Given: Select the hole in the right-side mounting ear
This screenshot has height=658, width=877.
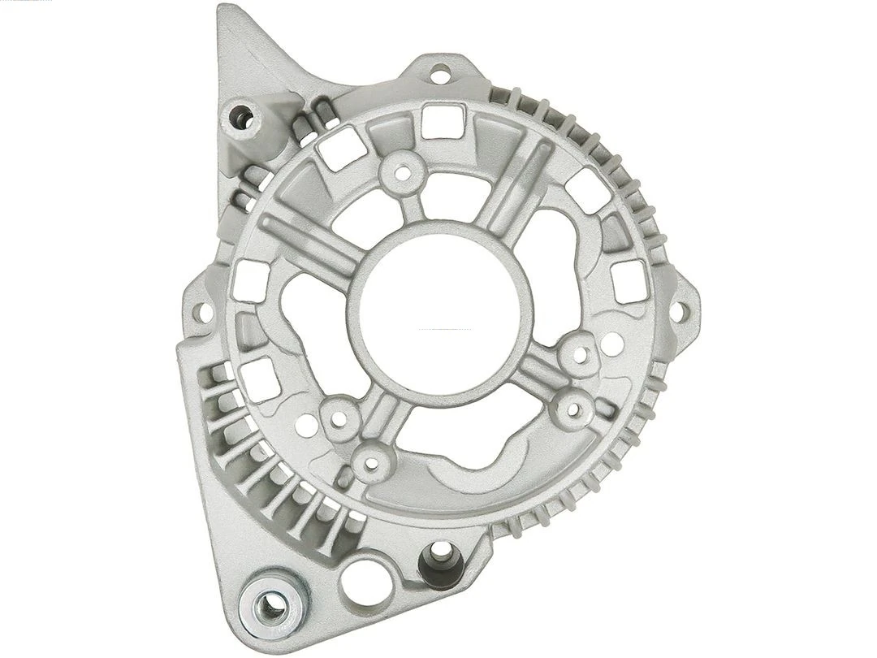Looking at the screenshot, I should (680, 310).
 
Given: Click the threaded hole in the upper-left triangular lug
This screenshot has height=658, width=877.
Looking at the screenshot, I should (240, 116).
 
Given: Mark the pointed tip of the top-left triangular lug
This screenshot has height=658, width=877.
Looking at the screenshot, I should (222, 11).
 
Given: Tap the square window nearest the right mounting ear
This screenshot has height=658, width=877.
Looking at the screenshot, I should (627, 281).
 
